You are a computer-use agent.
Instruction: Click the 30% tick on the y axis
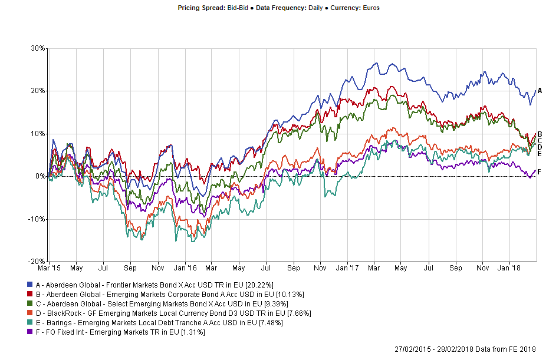(x=38, y=48)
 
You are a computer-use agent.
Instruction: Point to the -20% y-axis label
(x=37, y=262)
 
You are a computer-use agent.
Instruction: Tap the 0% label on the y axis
(x=40, y=176)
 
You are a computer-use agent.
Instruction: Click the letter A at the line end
(x=540, y=91)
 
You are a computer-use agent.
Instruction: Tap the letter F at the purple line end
(x=540, y=171)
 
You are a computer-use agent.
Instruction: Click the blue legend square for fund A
(x=30, y=285)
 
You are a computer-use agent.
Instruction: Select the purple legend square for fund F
(x=30, y=332)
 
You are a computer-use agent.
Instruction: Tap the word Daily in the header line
(x=313, y=8)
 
